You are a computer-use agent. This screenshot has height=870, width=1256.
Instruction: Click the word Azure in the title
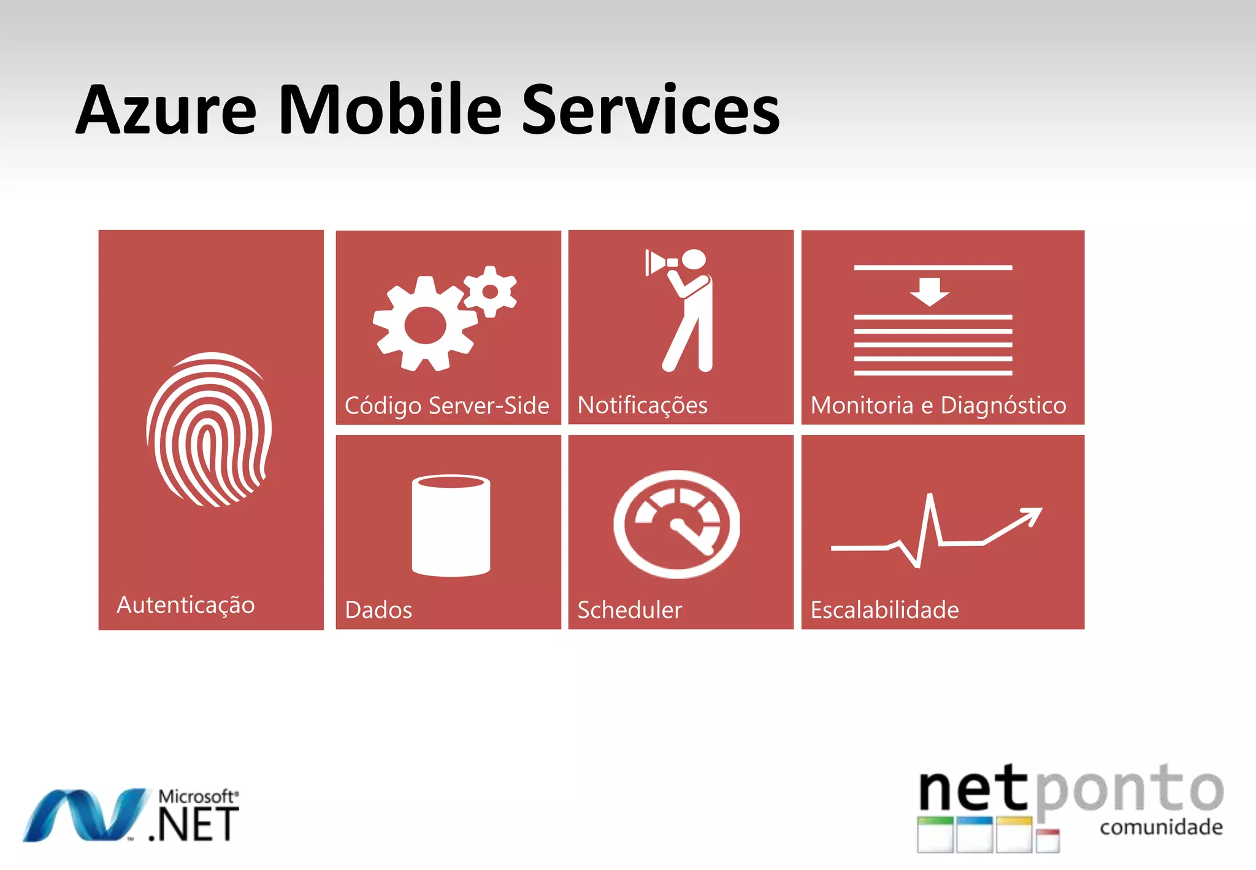(x=166, y=110)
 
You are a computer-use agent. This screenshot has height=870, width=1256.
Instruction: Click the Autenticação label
(x=186, y=605)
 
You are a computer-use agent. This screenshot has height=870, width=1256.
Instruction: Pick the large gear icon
(x=424, y=324)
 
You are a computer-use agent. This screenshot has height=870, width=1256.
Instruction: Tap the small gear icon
(x=490, y=291)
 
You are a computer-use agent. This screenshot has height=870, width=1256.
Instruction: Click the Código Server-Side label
(x=446, y=406)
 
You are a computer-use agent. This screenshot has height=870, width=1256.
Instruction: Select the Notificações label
(x=642, y=406)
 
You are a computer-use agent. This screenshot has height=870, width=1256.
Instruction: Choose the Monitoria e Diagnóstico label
(x=938, y=406)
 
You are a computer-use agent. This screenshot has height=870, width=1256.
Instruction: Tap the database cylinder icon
(x=451, y=525)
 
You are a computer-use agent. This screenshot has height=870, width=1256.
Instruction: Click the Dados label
(x=378, y=610)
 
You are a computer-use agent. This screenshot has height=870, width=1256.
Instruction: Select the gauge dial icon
(x=677, y=524)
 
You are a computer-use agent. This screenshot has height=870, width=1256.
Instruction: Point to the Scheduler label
(x=629, y=610)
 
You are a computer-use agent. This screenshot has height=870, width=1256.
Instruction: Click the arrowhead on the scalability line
(x=1032, y=515)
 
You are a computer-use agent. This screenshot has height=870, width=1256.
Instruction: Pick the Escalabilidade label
(x=884, y=610)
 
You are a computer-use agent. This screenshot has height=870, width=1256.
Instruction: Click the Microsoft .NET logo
(x=131, y=815)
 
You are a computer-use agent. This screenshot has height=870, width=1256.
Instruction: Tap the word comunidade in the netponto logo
(x=1161, y=827)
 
